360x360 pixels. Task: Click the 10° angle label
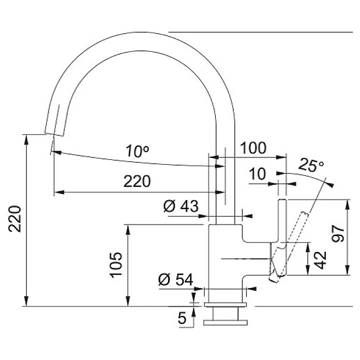(137, 152)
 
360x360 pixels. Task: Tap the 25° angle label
(311, 166)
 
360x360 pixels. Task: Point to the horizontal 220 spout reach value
(137, 181)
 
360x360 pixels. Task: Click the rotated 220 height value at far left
(15, 218)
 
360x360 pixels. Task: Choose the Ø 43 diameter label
(180, 206)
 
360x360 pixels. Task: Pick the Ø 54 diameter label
(175, 279)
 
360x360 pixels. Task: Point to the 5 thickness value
(182, 318)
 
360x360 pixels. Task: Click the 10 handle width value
(258, 174)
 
